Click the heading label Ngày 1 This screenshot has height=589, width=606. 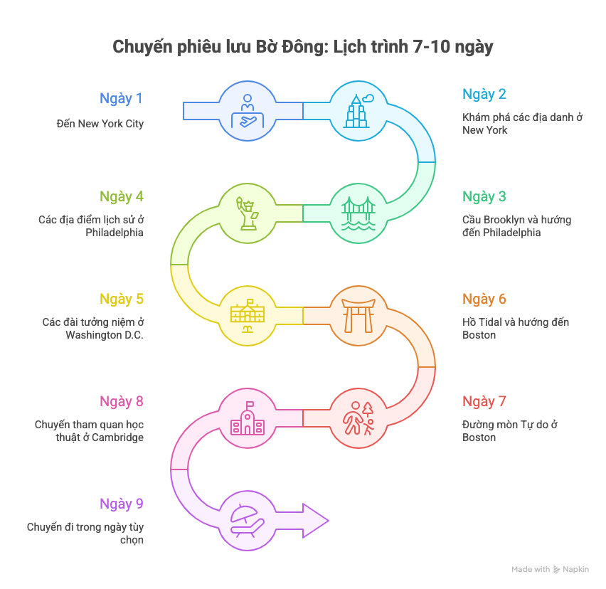tap(121, 99)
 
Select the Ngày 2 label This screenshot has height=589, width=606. tap(484, 95)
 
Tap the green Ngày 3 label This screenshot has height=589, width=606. tap(484, 197)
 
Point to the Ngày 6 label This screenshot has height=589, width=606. tap(484, 299)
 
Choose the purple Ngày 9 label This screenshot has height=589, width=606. tap(121, 504)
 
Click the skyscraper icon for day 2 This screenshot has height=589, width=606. tap(358, 111)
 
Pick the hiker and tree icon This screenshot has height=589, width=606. tap(358, 418)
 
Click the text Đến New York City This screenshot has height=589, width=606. tap(100, 124)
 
